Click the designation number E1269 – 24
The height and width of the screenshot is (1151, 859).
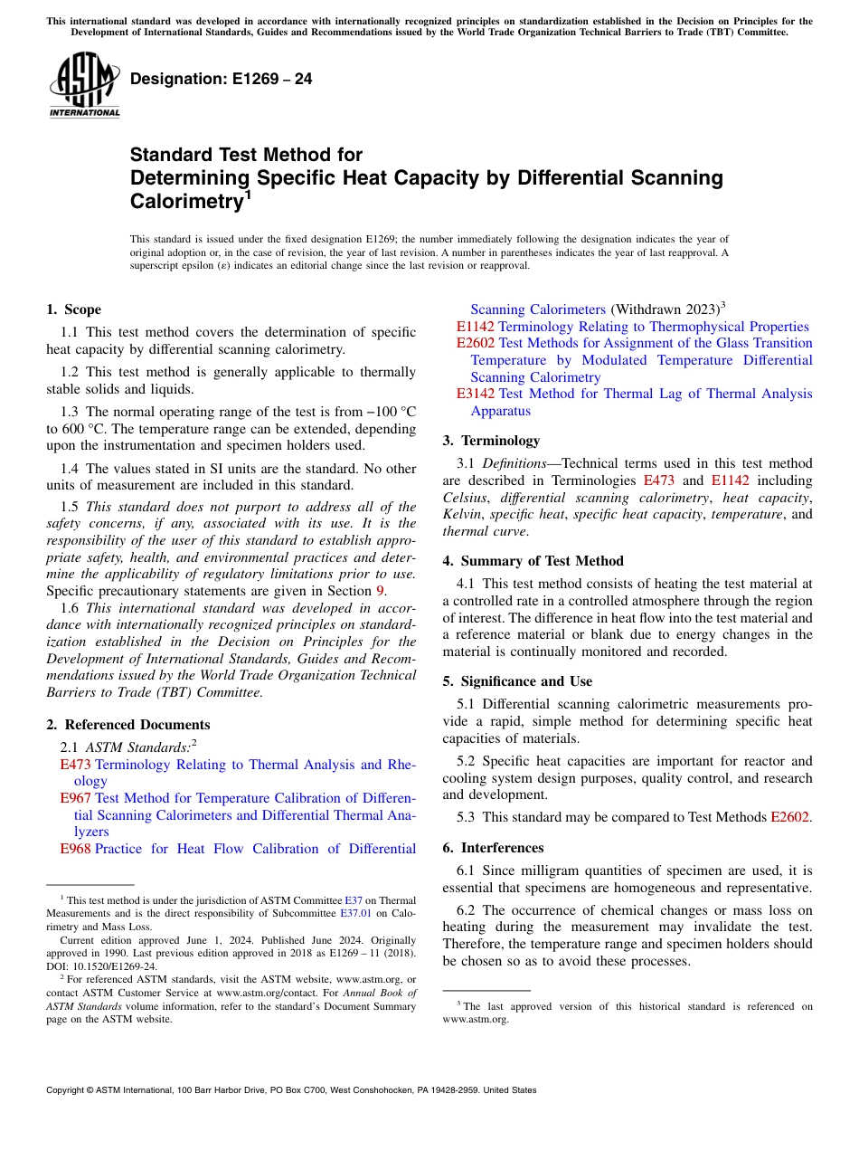point(222,79)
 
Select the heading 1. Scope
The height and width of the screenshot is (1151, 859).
point(74,309)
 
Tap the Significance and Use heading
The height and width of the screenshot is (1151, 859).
point(517,681)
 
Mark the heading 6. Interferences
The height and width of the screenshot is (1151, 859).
point(494,848)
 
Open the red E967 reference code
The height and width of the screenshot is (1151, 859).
point(75,798)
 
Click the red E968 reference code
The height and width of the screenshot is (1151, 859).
point(75,849)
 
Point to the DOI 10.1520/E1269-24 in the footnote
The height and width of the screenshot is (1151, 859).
point(100,966)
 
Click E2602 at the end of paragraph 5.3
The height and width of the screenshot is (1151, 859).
point(790,817)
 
